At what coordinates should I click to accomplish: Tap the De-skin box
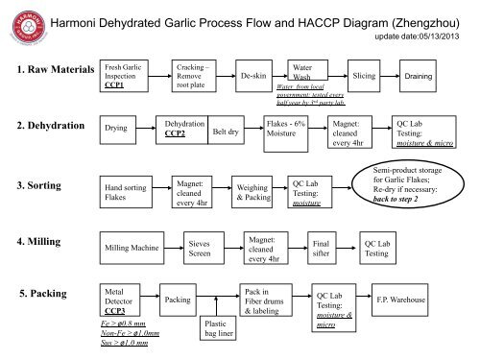[253, 75]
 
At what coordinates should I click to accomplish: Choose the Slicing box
[364, 74]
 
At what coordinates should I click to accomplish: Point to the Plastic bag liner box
[216, 330]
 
